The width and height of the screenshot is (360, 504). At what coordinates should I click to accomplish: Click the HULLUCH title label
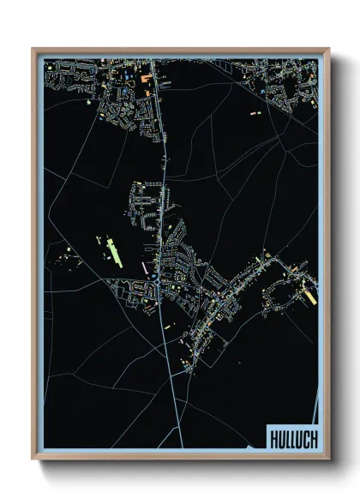point(292,437)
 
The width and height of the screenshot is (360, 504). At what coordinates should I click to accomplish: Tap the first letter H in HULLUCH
point(273,437)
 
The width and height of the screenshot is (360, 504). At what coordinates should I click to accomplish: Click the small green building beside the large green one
point(101,243)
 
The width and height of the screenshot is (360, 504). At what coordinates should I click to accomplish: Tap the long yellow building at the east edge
point(308,294)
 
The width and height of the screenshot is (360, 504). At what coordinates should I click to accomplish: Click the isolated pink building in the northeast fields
point(255,112)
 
